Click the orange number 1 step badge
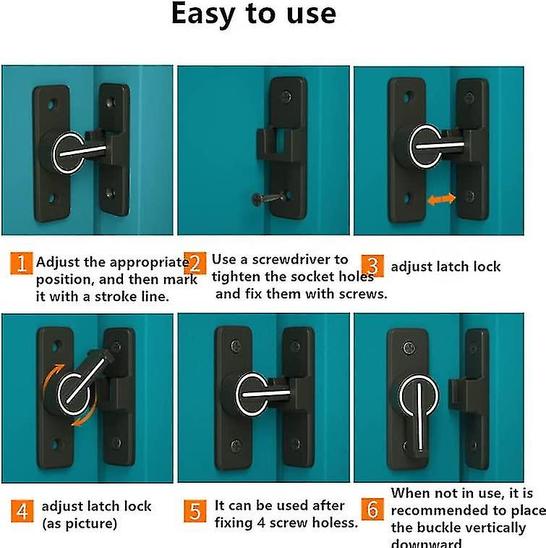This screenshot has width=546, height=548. click(x=22, y=262)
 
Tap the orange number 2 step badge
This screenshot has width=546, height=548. click(x=195, y=262)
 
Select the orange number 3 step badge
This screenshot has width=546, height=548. click(x=372, y=265)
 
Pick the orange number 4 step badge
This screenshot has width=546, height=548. click(x=22, y=512)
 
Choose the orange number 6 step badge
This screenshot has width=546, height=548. click(x=372, y=510)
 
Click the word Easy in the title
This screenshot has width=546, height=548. click(x=210, y=15)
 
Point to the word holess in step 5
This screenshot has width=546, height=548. click(x=330, y=523)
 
